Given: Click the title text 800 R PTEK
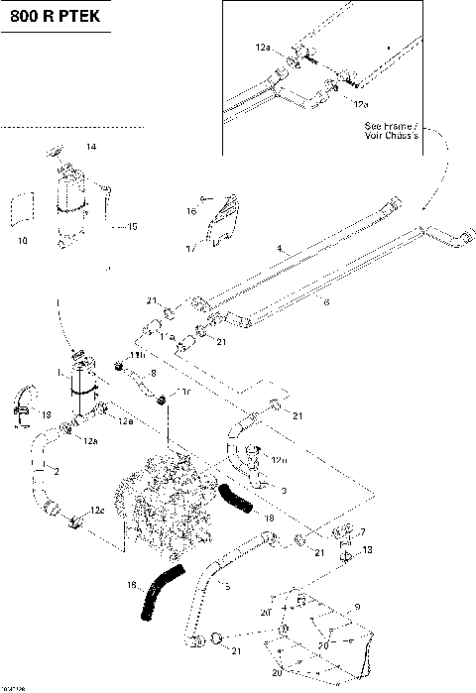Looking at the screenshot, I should point(56,17).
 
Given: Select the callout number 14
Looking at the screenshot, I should point(90,148).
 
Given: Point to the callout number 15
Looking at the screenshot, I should point(131,227).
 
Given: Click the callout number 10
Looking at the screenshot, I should point(22,240).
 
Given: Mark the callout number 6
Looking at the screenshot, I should point(325,303).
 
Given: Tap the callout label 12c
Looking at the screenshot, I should point(96,510).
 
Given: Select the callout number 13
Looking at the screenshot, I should point(368,549).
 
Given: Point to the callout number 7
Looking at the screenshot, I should point(363,532).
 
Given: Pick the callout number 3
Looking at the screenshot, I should point(284,491).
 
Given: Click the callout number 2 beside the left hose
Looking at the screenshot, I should point(57,471).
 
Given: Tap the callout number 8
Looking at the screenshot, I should point(154,374).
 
